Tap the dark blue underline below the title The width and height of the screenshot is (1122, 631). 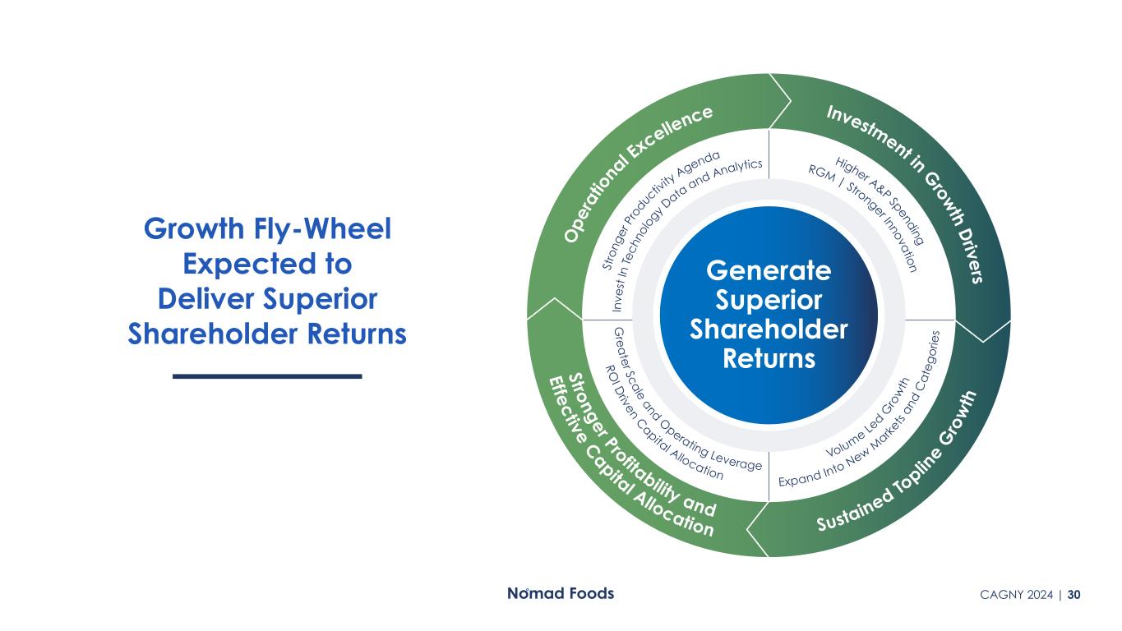[x=267, y=375]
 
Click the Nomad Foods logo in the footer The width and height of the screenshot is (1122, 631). [x=559, y=593]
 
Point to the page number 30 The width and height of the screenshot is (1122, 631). [x=1074, y=595]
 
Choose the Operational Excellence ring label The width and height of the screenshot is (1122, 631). [x=637, y=169]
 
